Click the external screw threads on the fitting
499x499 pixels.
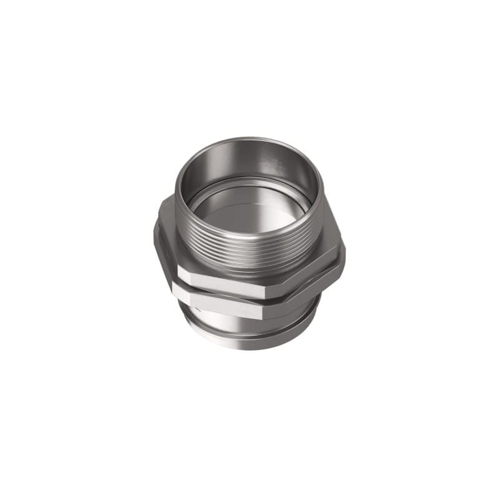pos(249,249)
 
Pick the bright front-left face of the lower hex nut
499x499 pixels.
pos(221,306)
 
